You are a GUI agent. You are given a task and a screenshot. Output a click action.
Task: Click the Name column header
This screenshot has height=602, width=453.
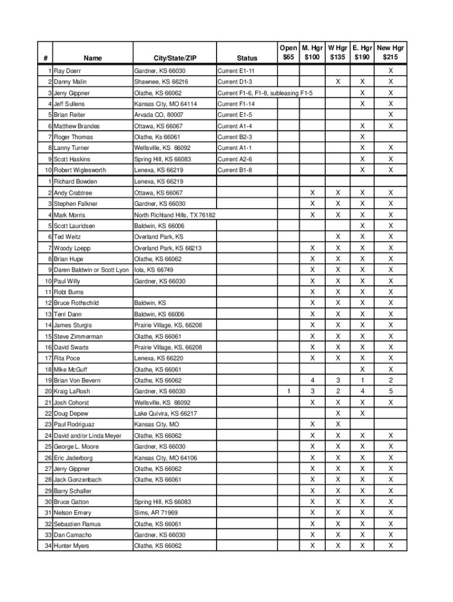pyautogui.click(x=92, y=58)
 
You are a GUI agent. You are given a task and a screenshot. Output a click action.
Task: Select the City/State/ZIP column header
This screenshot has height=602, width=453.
pyautogui.click(x=175, y=58)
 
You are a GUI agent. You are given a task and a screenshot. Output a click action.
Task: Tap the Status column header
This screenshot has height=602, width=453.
pyautogui.click(x=247, y=58)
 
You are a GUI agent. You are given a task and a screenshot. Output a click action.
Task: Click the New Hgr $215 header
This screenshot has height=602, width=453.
pyautogui.click(x=390, y=52)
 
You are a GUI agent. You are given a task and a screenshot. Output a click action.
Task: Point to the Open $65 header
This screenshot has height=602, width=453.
pyautogui.click(x=288, y=52)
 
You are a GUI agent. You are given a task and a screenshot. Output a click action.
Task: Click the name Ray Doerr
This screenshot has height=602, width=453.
pyautogui.click(x=67, y=71)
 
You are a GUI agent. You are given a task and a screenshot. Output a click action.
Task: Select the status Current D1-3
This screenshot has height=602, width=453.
pyautogui.click(x=235, y=82)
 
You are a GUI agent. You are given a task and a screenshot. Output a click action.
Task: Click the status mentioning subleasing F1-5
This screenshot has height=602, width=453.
pyautogui.click(x=265, y=93)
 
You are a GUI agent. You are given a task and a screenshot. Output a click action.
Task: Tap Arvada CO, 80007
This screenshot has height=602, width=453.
pyautogui.click(x=158, y=115)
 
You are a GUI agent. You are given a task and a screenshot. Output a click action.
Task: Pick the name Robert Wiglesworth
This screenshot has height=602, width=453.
pyautogui.click(x=80, y=170)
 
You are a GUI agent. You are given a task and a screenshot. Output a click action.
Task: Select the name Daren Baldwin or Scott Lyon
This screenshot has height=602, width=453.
pyautogui.click(x=91, y=270)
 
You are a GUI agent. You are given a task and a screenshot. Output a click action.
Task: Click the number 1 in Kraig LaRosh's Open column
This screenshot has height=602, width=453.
pyautogui.click(x=288, y=392)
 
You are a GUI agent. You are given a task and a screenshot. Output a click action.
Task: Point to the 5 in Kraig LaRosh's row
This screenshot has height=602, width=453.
pyautogui.click(x=390, y=392)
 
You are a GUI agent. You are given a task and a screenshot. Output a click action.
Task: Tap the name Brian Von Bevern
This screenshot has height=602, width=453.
pyautogui.click(x=77, y=380)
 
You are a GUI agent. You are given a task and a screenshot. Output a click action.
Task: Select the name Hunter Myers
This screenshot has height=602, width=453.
pyautogui.click(x=72, y=546)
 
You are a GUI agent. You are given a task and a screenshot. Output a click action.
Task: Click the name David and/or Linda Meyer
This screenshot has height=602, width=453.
pyautogui.click(x=88, y=436)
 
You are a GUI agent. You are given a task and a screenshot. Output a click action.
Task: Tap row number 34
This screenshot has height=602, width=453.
pyautogui.click(x=47, y=546)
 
